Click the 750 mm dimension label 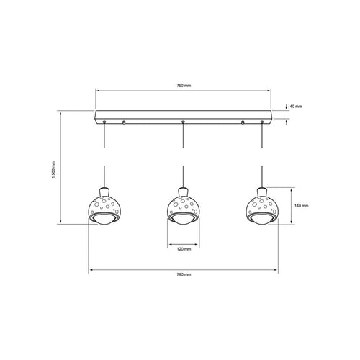coord(184,85)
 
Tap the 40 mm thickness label coord(296,107)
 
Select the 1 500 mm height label coord(53,169)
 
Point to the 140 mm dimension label coord(302,206)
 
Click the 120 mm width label coord(184,249)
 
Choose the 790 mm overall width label coord(184,274)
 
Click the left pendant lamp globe coord(104,206)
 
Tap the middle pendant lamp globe coord(184,206)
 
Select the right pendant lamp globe coord(262,206)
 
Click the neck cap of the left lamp coord(104,192)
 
